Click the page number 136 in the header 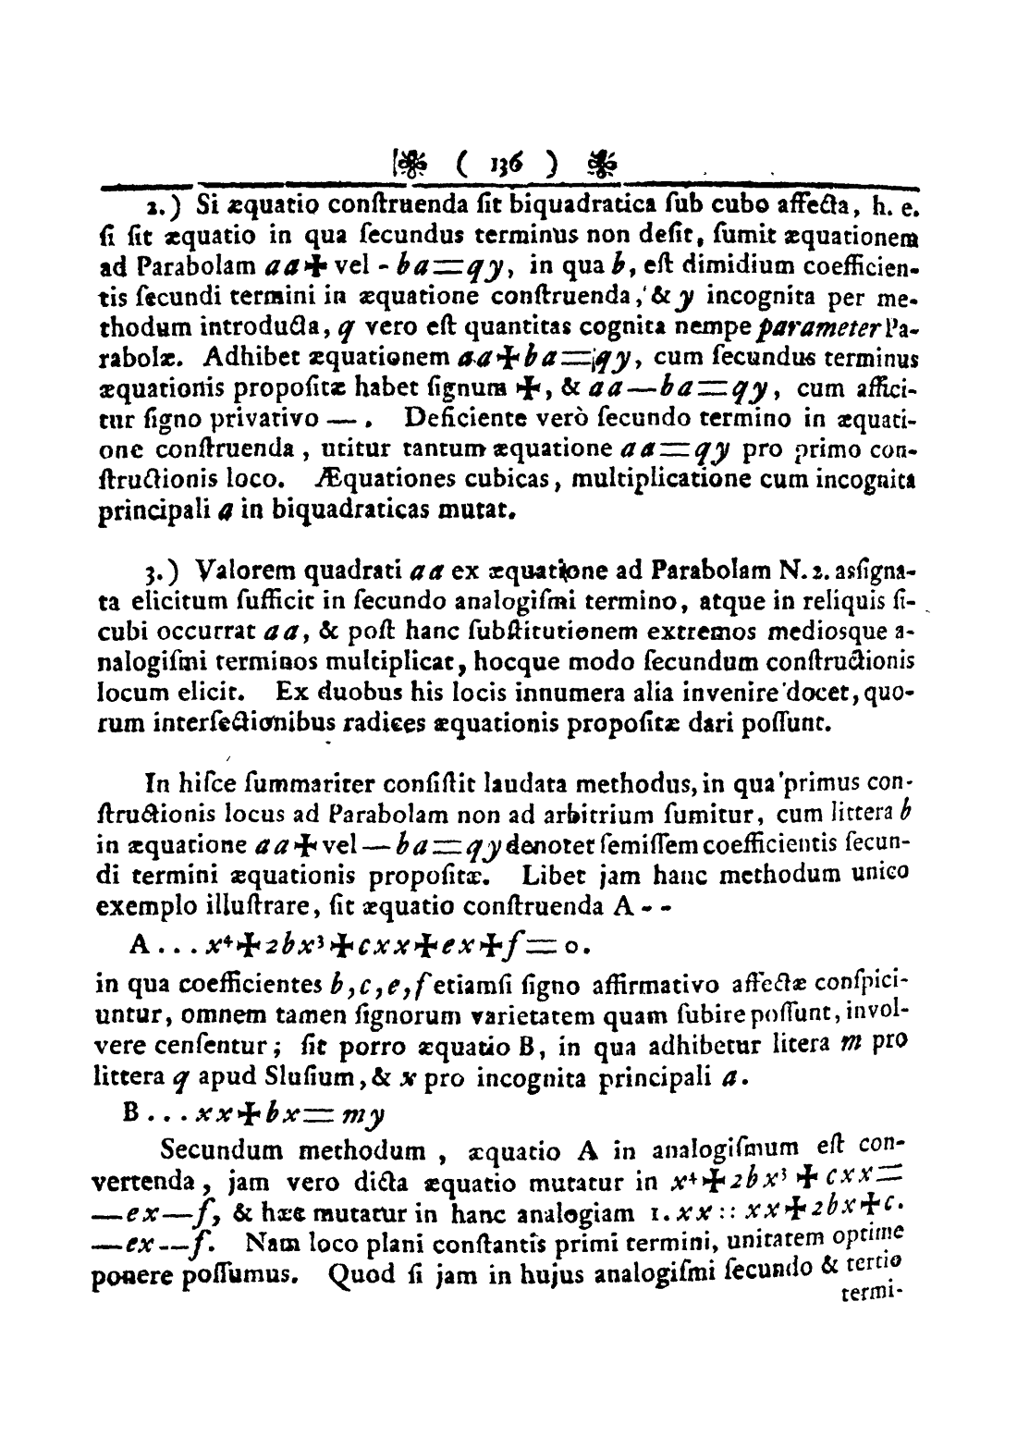tap(505, 169)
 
